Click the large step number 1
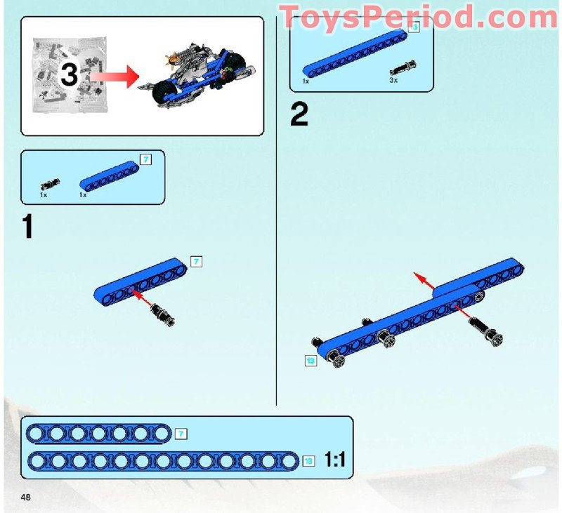coord(27,227)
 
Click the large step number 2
coord(299,115)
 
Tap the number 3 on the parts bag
coord(68,75)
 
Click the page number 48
coord(25,498)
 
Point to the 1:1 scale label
coord(335,460)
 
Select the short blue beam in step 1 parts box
coord(108,176)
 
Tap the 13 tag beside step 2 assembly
coord(311,360)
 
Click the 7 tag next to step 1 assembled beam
coord(197,261)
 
